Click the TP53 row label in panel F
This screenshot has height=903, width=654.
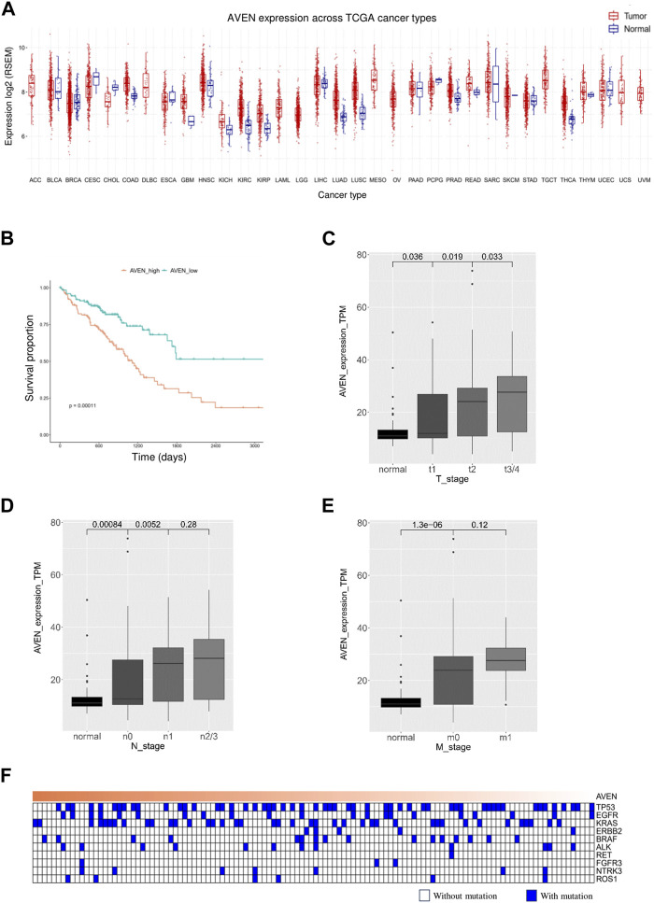606,806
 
